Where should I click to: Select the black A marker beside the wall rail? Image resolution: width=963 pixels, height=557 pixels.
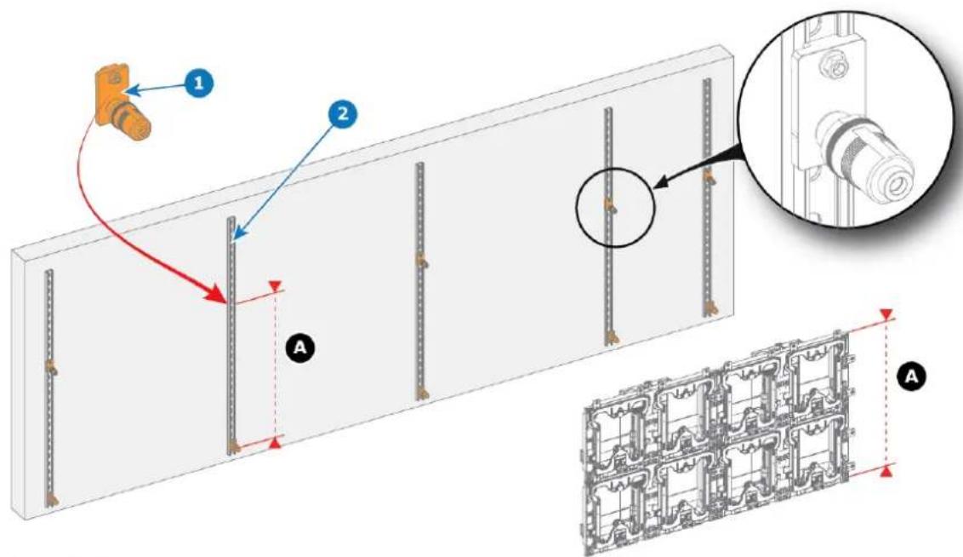(x=300, y=348)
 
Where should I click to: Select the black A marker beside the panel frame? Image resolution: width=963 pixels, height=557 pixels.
(x=912, y=376)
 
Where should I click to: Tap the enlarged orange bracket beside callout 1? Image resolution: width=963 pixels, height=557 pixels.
(x=121, y=105)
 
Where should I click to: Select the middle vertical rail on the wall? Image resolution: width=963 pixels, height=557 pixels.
(x=420, y=281)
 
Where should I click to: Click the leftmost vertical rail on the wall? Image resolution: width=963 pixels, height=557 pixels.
(x=49, y=388)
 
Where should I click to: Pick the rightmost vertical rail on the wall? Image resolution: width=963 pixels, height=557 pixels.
(x=707, y=198)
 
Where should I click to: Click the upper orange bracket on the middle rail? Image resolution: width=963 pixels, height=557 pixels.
(x=422, y=261)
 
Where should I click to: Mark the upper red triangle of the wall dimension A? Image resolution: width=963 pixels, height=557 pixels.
(x=276, y=286)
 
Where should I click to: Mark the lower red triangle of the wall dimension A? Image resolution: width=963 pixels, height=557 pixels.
(x=276, y=441)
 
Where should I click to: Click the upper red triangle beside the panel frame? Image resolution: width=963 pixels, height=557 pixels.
(x=886, y=315)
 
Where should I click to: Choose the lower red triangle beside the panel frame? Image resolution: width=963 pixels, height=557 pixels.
(x=886, y=471)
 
